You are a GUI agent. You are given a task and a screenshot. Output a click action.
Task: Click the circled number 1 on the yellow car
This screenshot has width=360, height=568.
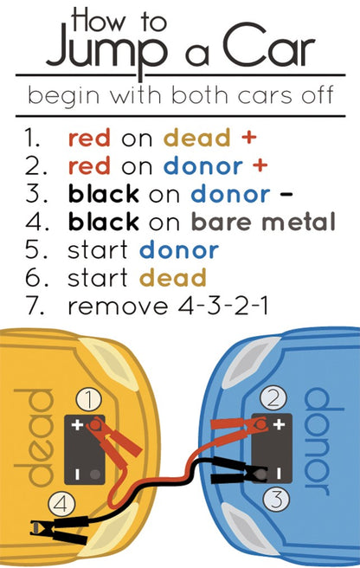pyautogui.click(x=89, y=399)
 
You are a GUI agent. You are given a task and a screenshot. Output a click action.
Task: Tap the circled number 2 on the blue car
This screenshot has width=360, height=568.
pyautogui.click(x=273, y=398)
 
